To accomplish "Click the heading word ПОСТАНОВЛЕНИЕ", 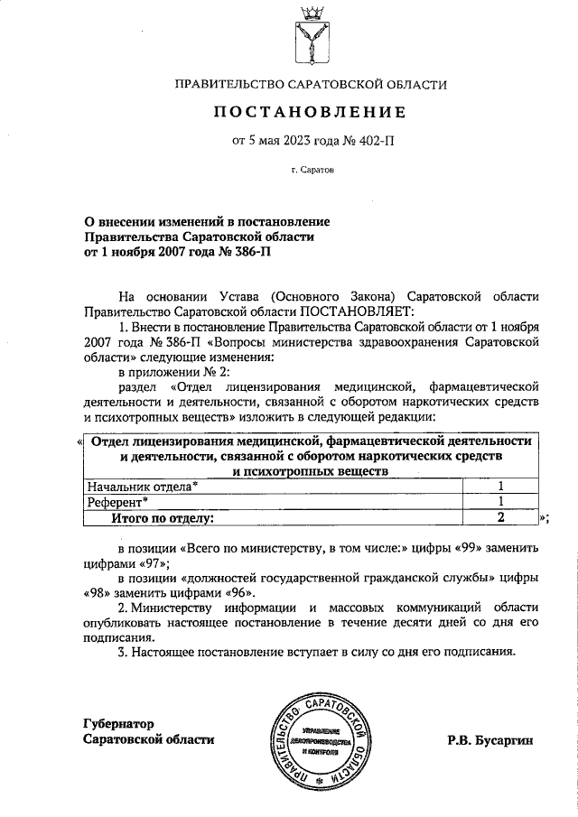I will point(310,112).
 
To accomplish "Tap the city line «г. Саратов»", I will point(312,169).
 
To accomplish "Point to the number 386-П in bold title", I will point(245,252).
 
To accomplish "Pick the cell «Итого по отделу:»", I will point(162,518).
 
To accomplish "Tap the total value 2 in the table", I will point(499,518).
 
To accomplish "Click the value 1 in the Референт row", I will point(499,502).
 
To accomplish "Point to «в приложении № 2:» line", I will point(174,372).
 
